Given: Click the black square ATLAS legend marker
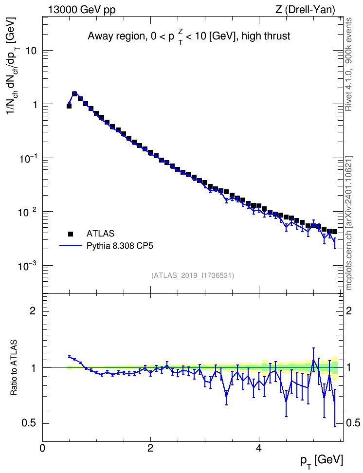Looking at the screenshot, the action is point(71,234).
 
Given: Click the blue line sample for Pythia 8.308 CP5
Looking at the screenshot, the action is point(71,246).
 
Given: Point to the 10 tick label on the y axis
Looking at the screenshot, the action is point(31,51).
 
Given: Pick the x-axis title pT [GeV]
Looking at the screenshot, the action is point(321,461).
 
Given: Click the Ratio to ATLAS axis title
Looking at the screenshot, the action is point(14,368).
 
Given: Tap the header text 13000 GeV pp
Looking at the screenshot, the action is point(81,10).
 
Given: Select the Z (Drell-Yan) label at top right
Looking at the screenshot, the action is point(305,10).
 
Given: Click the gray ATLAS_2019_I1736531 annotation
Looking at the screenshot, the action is point(193,275).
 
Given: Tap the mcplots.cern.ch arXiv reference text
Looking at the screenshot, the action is point(349,223).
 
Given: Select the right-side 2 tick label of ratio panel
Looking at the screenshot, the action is point(349,310).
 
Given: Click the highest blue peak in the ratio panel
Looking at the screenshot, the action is point(313,360).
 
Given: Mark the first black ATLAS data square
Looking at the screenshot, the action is point(69,106).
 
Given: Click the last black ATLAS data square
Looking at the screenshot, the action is point(335,232).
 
